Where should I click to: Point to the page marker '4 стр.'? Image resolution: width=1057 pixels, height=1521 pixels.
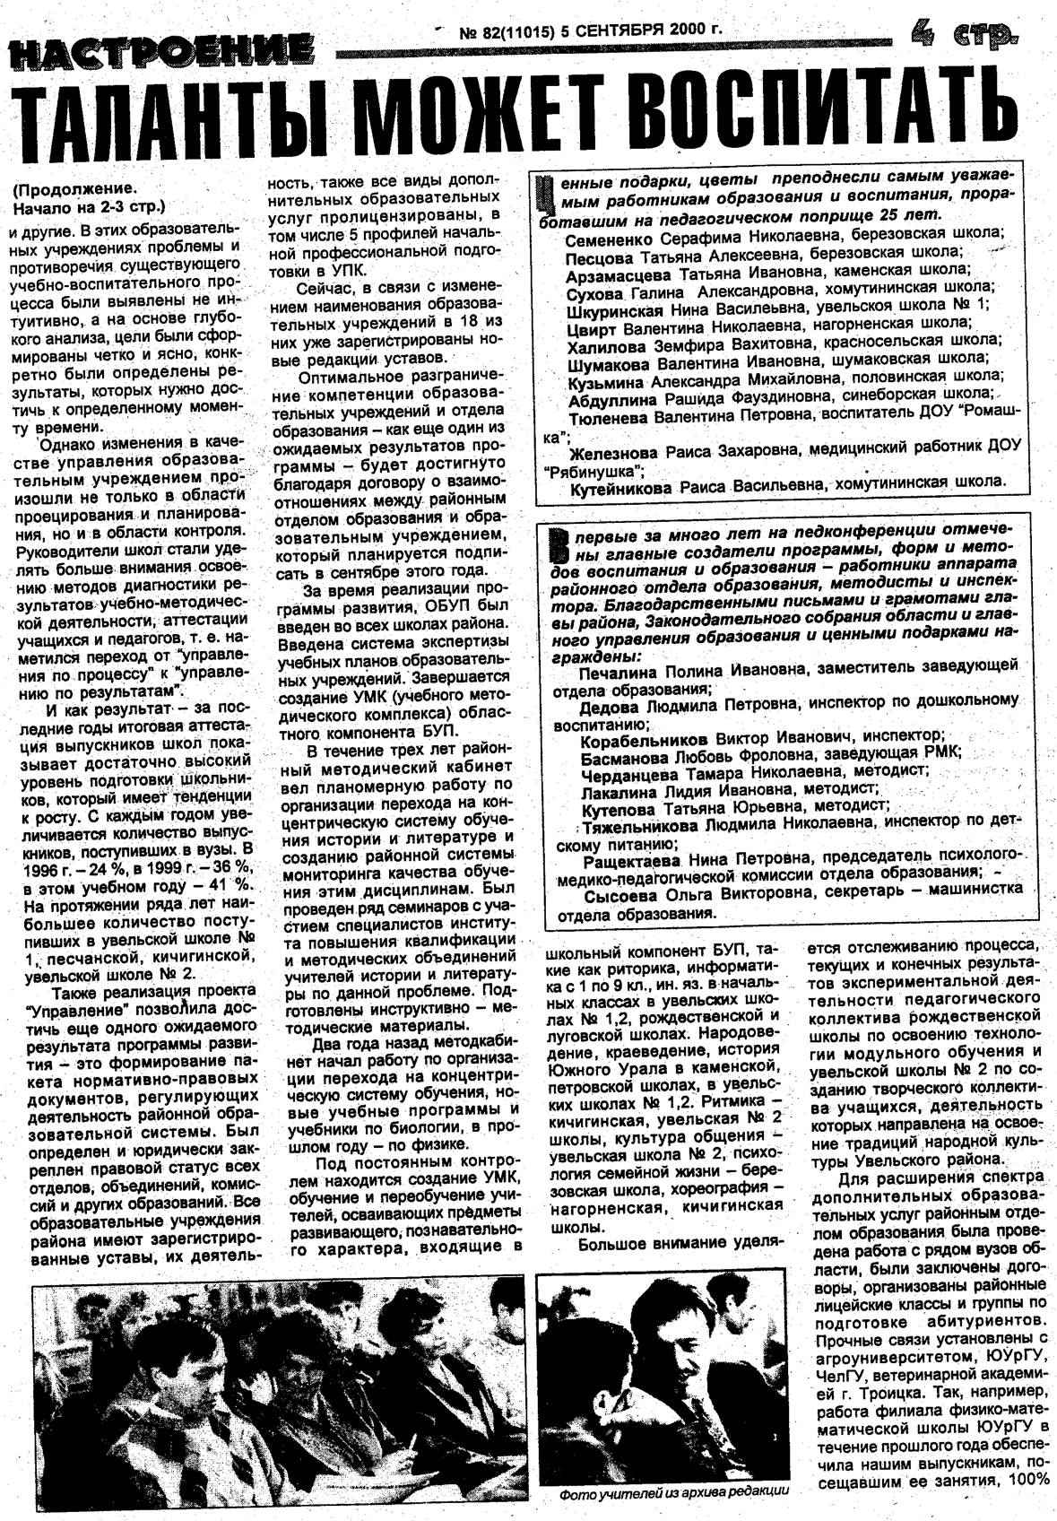[x=964, y=34]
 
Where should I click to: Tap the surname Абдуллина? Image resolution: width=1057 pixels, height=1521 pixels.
[x=615, y=394]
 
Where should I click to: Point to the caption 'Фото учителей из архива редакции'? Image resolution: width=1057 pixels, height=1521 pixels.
[x=674, y=1493]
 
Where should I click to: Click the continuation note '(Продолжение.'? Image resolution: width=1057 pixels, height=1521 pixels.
[x=76, y=190]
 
